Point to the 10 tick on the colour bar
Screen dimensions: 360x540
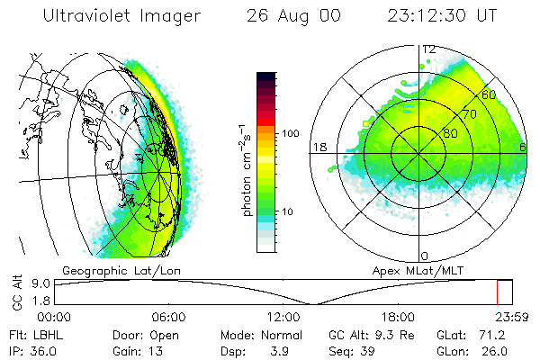[289, 211]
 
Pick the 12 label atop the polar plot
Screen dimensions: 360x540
[429, 49]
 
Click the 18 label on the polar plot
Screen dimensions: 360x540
[319, 147]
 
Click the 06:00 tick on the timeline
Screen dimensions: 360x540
[168, 317]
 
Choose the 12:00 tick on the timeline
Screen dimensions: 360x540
[283, 317]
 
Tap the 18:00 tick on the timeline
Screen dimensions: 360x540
[398, 317]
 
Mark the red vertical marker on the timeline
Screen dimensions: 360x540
[497, 292]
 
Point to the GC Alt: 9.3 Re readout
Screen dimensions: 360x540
[358, 335]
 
